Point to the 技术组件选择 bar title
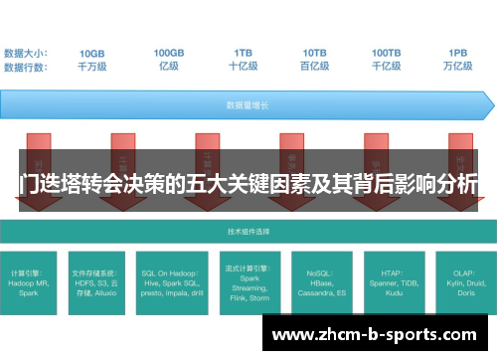(248, 231)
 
